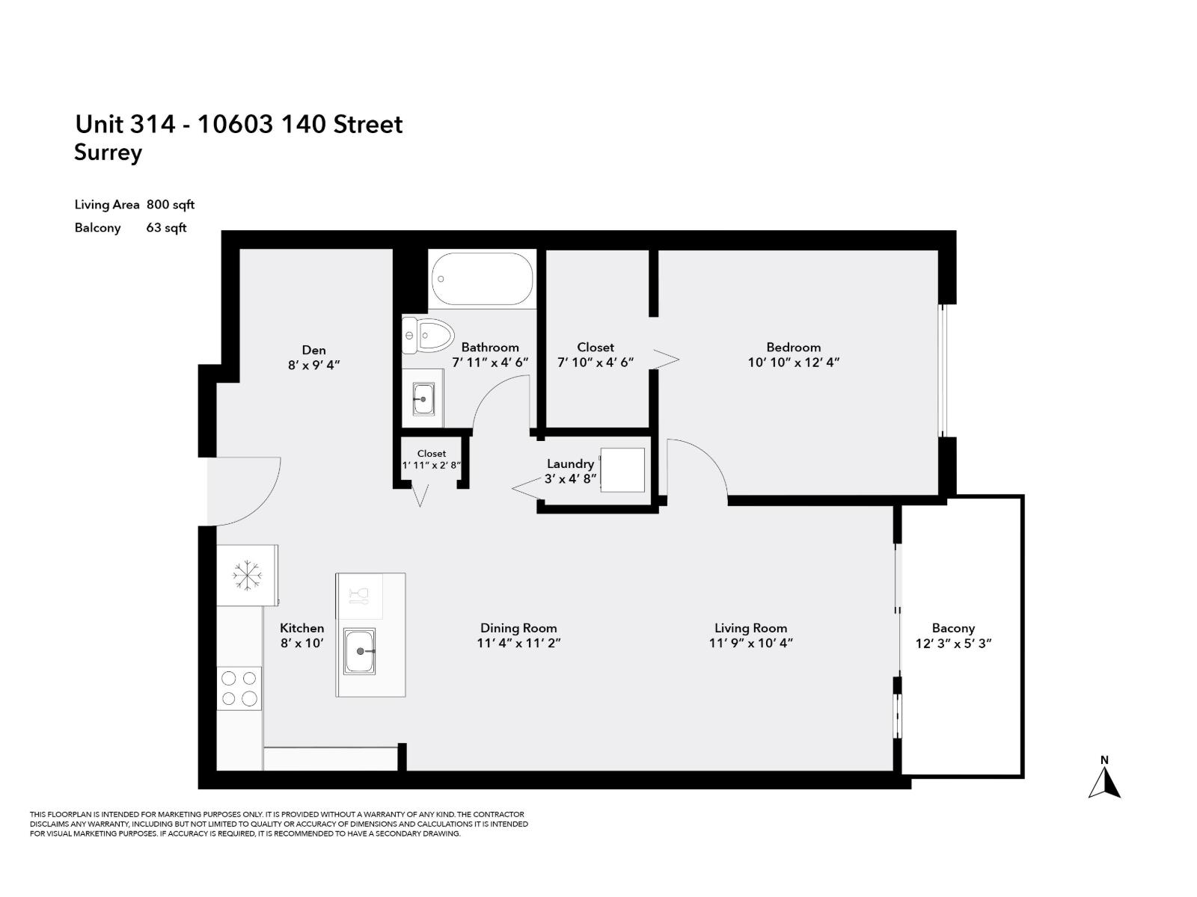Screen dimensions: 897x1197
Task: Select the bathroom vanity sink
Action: [x=423, y=398]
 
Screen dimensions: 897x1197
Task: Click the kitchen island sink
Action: [x=360, y=651]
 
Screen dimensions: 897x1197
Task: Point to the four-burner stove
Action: [x=239, y=688]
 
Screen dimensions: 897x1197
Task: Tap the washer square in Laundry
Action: [x=622, y=470]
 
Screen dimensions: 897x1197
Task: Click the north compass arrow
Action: [x=1104, y=783]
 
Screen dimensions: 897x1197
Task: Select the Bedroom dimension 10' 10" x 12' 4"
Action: [x=793, y=363]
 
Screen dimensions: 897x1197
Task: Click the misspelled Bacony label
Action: [x=953, y=629]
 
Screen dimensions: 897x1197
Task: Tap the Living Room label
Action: [x=750, y=629]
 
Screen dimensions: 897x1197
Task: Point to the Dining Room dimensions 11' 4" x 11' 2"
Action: [x=518, y=644]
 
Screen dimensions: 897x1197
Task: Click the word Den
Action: [x=313, y=350]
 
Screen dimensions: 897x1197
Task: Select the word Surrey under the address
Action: [x=108, y=153]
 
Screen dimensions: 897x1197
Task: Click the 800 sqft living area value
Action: [x=171, y=205]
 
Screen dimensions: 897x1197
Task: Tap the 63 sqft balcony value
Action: [x=166, y=228]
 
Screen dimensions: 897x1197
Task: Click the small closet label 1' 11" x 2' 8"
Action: [x=431, y=465]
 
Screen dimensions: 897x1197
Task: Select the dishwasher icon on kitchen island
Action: [x=360, y=596]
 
